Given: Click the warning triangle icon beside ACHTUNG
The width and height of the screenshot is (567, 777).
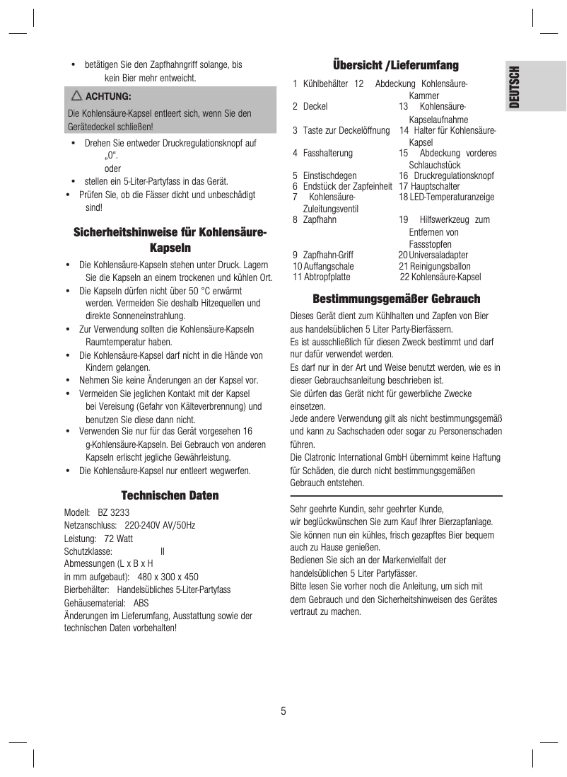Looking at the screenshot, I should pyautogui.click(x=76, y=96).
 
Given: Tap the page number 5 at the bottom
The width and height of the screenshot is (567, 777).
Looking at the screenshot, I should pyautogui.click(x=283, y=711).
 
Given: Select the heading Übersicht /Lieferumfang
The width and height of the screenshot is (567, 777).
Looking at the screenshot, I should pyautogui.click(x=396, y=66).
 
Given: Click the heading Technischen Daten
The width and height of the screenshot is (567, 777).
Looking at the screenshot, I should pyautogui.click(x=170, y=495).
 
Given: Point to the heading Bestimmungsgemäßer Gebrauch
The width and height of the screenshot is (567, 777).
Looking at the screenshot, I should pyautogui.click(x=396, y=299).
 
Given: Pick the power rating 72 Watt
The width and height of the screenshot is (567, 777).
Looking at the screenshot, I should pyautogui.click(x=118, y=539).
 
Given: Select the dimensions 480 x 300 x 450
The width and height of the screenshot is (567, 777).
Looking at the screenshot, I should pyautogui.click(x=168, y=577).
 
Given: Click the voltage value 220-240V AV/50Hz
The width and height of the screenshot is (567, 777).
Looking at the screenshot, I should pyautogui.click(x=160, y=526).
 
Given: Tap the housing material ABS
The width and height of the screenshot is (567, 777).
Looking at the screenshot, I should pyautogui.click(x=141, y=603).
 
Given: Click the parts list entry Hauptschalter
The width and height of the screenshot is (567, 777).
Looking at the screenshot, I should pyautogui.click(x=429, y=186).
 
